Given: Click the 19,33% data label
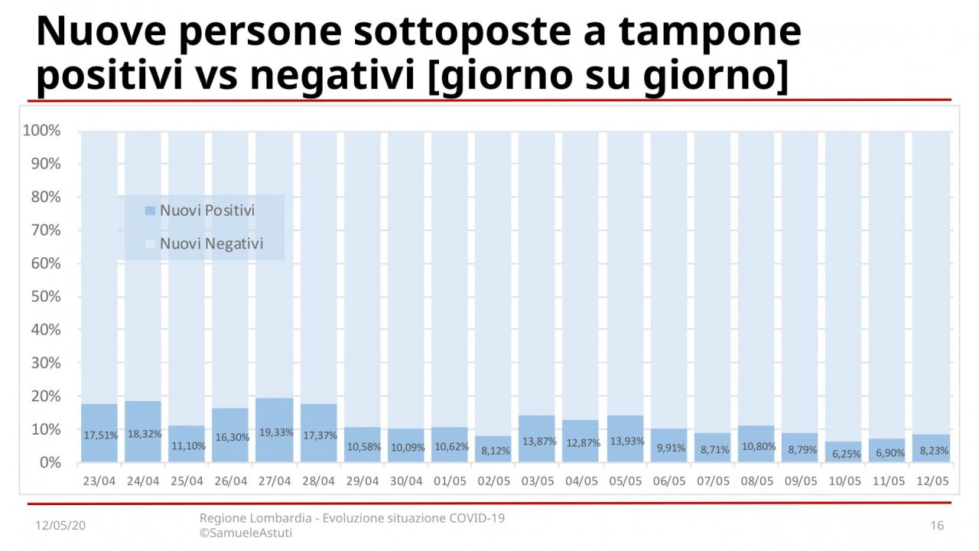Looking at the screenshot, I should (x=275, y=432).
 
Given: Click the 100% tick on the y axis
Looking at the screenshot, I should (x=42, y=131).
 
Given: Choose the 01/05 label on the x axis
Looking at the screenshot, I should (x=450, y=481).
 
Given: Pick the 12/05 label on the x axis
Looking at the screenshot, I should (x=932, y=481).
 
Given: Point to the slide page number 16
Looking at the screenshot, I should (x=937, y=526).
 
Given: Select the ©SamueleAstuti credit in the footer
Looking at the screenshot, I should (x=246, y=533).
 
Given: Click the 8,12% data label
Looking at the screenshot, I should (x=493, y=452).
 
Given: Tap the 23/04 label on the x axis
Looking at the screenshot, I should (x=99, y=481).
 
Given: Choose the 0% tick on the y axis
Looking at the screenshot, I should (x=47, y=462).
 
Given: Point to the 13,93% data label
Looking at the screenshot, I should (x=625, y=442).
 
